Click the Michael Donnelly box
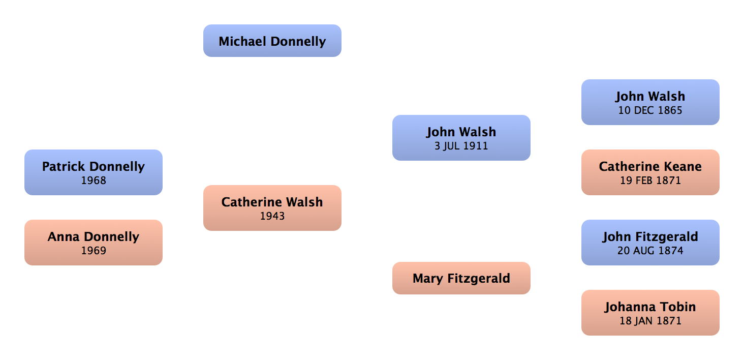[272, 41]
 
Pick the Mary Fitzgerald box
[461, 278]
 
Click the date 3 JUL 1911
[461, 146]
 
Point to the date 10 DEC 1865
[650, 110]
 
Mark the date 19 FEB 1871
[650, 181]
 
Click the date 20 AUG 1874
[650, 251]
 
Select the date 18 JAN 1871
[650, 321]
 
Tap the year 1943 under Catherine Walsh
[272, 216]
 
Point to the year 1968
[94, 181]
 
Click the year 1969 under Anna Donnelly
[94, 251]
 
